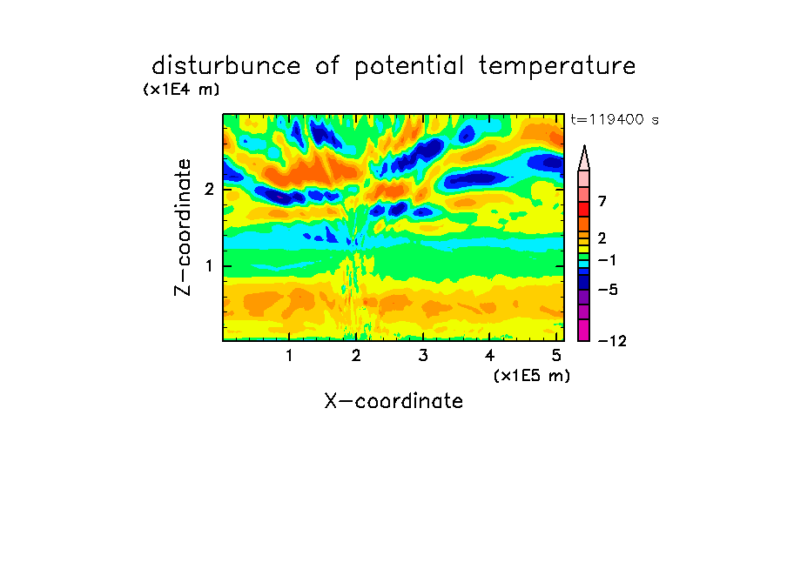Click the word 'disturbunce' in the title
tap(226, 66)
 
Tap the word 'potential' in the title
tap(409, 67)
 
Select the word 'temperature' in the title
tap(557, 67)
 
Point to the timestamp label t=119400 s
tap(615, 119)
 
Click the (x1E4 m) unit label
tap(181, 90)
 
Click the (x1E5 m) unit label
tap(532, 375)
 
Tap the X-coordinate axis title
tap(393, 401)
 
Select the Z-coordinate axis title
tap(183, 227)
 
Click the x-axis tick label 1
tap(289, 356)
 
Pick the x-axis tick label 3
tap(423, 356)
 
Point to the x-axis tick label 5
tap(556, 356)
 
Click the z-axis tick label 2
tap(209, 189)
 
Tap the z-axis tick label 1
tap(209, 266)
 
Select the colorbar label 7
tap(602, 202)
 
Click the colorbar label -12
tap(612, 341)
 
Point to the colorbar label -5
tap(608, 290)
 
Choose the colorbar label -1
tap(608, 260)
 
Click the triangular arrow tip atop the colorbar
tap(584, 146)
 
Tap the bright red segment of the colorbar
tap(584, 209)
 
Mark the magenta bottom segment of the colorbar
tap(584, 330)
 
